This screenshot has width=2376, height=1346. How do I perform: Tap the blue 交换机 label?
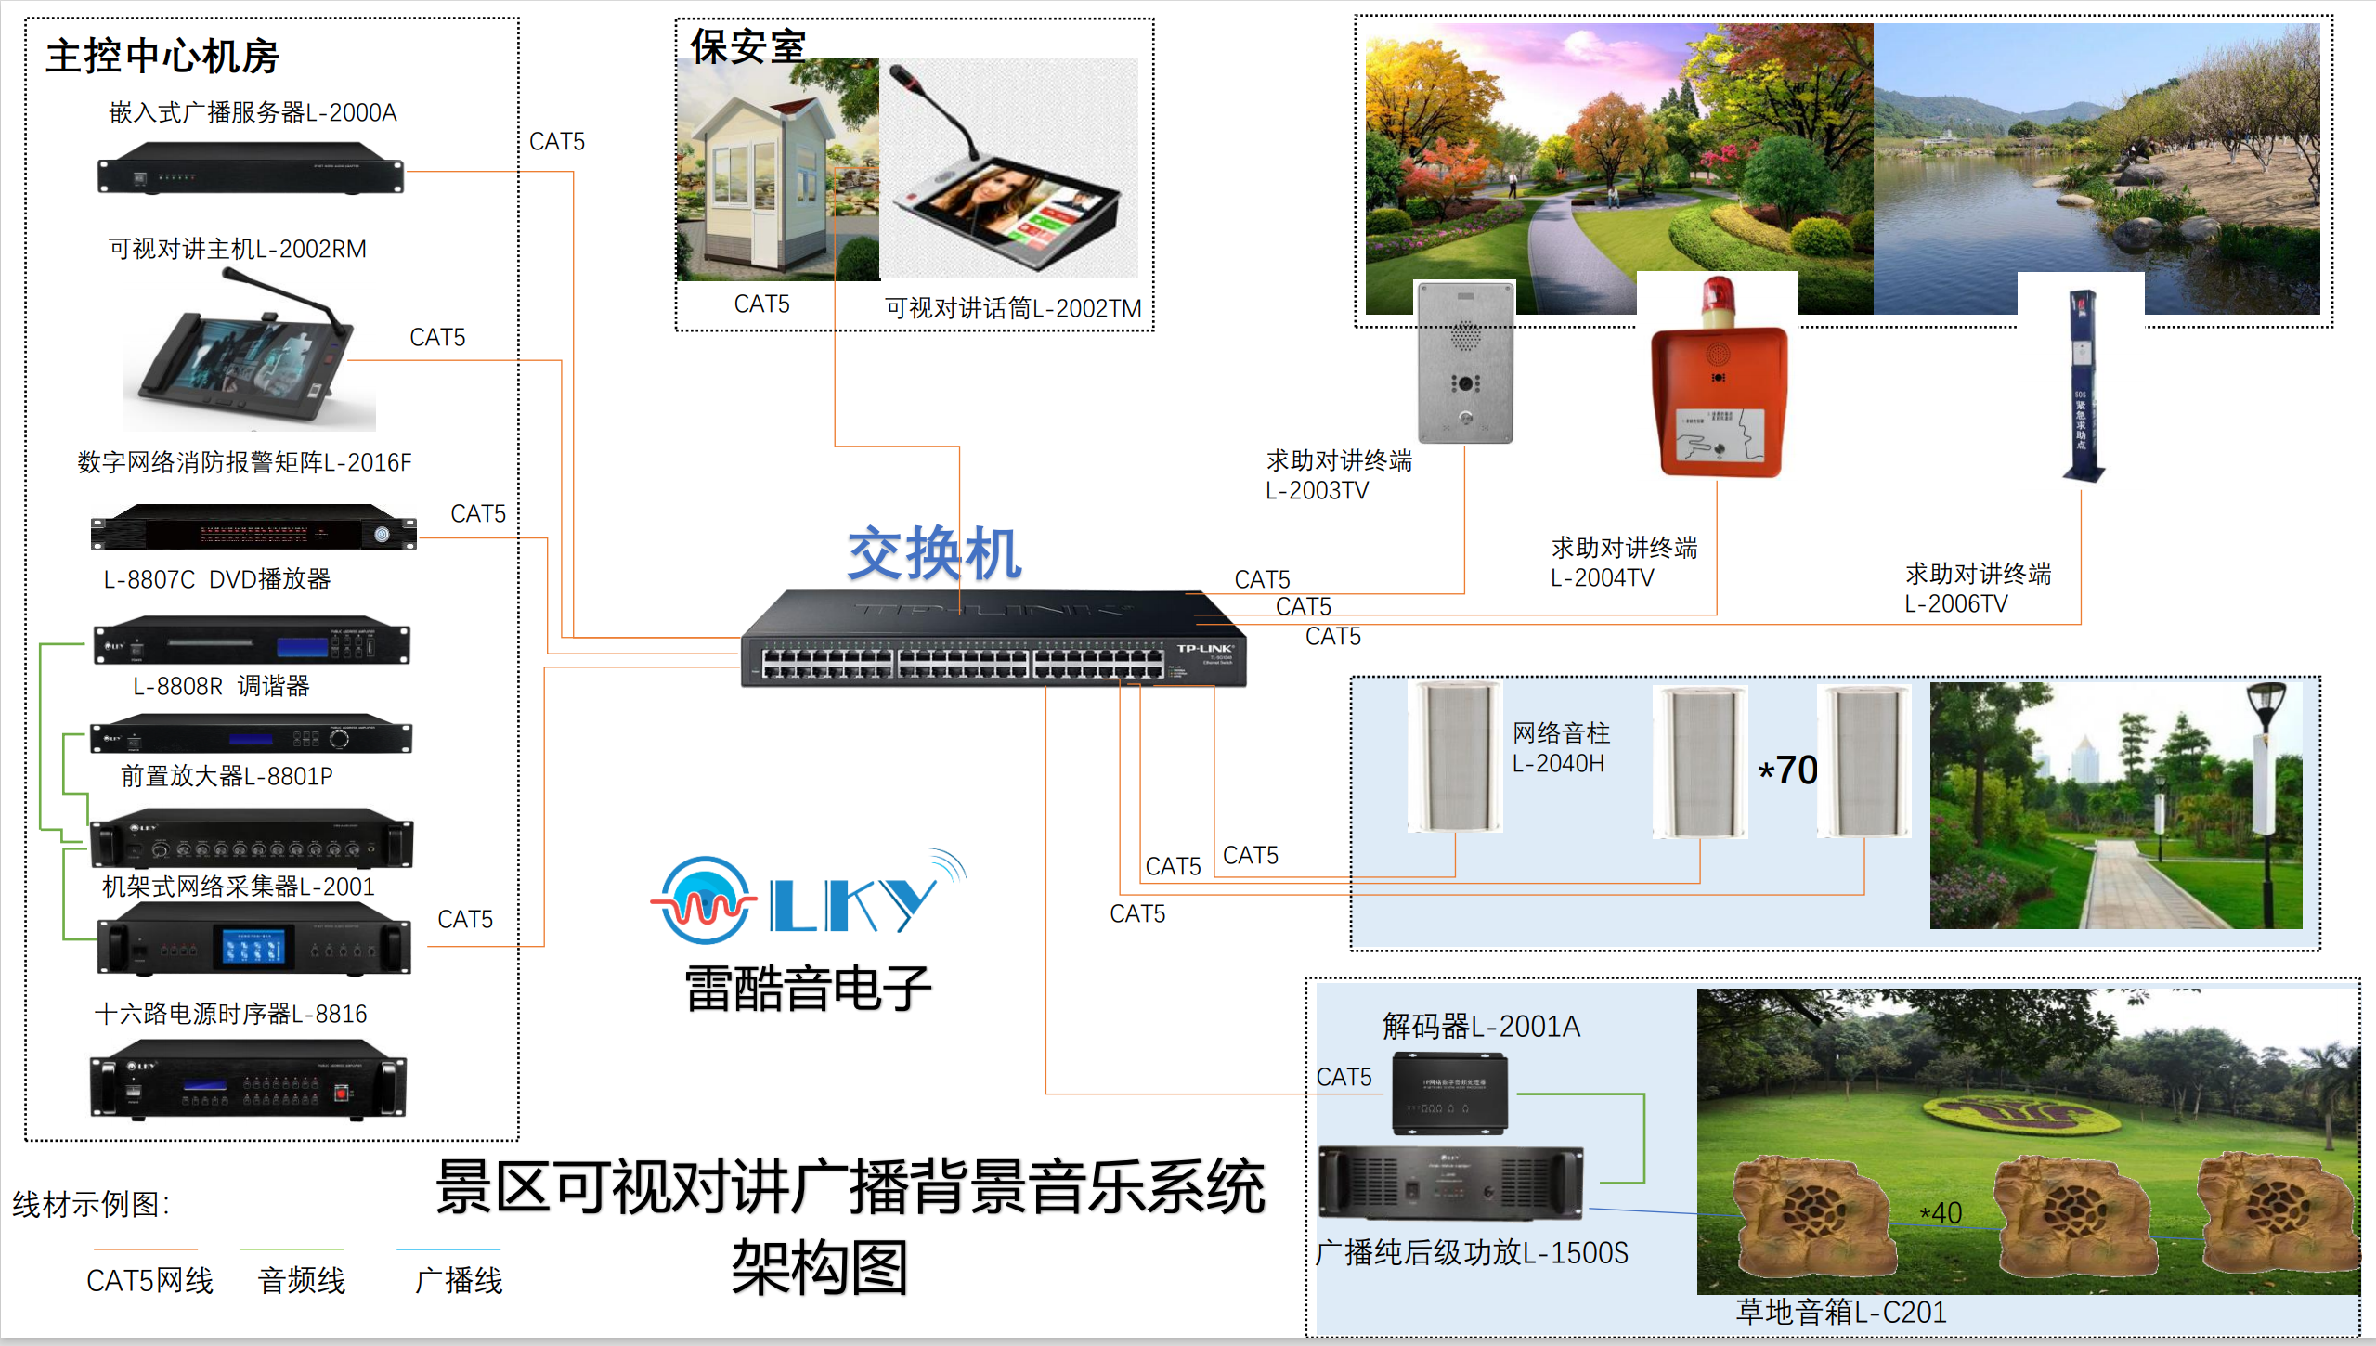[x=934, y=554]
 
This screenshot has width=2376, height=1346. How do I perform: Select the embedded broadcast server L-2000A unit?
[x=251, y=168]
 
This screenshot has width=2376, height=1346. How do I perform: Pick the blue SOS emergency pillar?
[x=2083, y=386]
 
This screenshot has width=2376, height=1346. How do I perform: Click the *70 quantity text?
[x=1788, y=770]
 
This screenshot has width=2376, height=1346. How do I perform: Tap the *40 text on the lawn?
[x=1941, y=1212]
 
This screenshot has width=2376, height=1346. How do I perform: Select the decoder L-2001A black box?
[x=1448, y=1094]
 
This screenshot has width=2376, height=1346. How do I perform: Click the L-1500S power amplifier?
[x=1450, y=1183]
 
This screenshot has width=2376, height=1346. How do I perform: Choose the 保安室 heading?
[x=747, y=46]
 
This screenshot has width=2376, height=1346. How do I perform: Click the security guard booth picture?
[x=777, y=171]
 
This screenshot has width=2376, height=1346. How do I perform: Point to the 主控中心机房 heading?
[x=162, y=57]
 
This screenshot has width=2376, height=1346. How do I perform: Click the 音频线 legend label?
[x=302, y=1281]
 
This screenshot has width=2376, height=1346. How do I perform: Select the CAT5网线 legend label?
[x=149, y=1281]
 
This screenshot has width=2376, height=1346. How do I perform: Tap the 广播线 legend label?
[x=459, y=1281]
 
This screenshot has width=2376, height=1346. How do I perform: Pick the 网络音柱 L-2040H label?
[x=1561, y=748]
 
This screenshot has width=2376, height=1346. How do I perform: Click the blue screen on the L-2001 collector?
[x=253, y=947]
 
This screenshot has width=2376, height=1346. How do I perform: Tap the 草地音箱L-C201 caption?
[x=1840, y=1312]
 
